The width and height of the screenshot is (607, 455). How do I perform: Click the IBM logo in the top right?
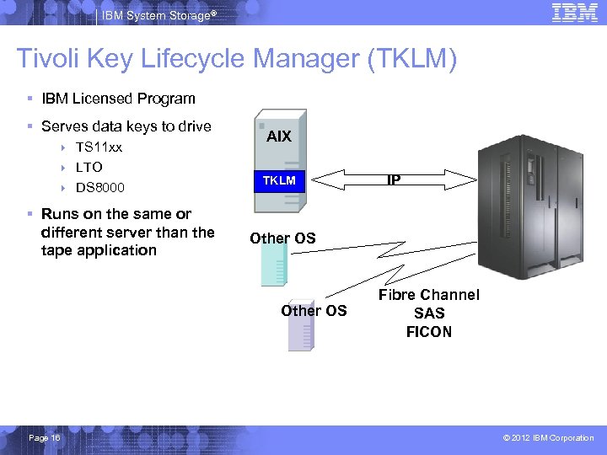pyautogui.click(x=574, y=12)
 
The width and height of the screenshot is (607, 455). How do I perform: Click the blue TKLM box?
pyautogui.click(x=279, y=180)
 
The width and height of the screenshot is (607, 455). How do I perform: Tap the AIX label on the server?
pyautogui.click(x=278, y=136)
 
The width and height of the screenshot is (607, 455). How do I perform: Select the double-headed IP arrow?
pyautogui.click(x=393, y=179)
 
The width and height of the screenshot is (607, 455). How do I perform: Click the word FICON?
pyautogui.click(x=428, y=332)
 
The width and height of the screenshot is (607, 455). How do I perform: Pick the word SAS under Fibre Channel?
pyautogui.click(x=429, y=313)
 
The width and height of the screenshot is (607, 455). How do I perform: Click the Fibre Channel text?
pyautogui.click(x=428, y=295)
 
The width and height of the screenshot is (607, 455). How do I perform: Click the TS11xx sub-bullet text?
pyautogui.click(x=99, y=147)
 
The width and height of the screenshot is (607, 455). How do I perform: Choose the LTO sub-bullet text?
pyautogui.click(x=89, y=167)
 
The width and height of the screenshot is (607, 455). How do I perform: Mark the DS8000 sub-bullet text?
pyautogui.click(x=100, y=187)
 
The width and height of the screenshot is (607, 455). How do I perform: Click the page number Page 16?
pyautogui.click(x=44, y=437)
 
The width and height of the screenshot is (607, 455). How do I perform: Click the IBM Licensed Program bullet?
pyautogui.click(x=118, y=99)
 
